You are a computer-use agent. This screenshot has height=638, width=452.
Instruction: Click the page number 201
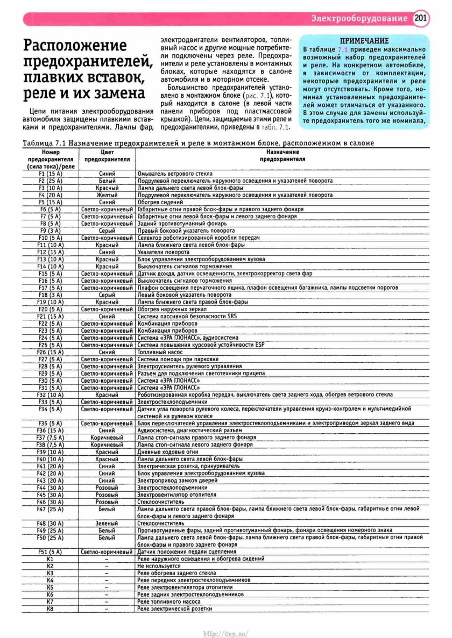point(421,18)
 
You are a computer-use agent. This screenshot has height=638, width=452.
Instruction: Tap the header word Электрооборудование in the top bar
point(359,19)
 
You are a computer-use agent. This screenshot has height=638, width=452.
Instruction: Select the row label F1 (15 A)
point(50,174)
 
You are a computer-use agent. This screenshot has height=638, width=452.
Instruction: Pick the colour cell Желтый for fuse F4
point(107,195)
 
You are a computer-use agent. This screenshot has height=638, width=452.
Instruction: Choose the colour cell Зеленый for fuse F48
point(107,523)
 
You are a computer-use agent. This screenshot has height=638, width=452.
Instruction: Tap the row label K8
point(50,608)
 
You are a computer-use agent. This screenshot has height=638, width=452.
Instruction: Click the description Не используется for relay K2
point(159,566)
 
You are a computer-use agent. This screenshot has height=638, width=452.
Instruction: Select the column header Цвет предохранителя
point(107,156)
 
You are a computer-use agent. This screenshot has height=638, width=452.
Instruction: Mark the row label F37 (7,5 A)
point(50,438)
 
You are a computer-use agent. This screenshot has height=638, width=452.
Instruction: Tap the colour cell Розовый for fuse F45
point(107,494)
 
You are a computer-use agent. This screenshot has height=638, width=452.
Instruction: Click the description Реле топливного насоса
point(169,601)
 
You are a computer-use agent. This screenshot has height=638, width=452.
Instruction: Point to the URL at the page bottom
point(225,633)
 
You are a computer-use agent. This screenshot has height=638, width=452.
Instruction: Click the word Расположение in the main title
point(75,46)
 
